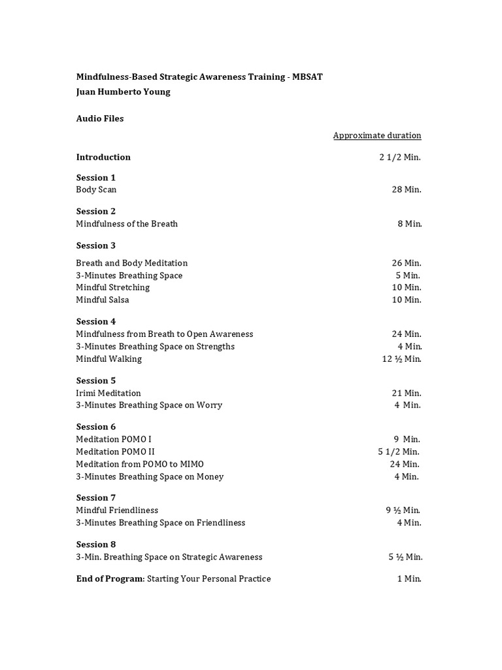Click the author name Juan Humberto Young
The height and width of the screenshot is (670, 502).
[x=123, y=92]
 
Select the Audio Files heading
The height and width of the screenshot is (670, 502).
[x=99, y=118]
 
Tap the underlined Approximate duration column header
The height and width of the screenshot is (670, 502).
[x=377, y=135]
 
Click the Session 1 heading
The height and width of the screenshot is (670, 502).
[x=95, y=177]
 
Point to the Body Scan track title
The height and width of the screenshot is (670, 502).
[x=96, y=190]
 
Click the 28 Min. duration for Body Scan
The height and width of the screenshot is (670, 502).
[x=407, y=190]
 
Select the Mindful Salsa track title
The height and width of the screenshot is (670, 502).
[x=102, y=300]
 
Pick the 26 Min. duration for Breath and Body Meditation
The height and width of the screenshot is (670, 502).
[x=407, y=263]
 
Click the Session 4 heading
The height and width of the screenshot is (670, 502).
[x=95, y=321]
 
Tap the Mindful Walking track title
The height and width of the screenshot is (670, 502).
[x=109, y=359]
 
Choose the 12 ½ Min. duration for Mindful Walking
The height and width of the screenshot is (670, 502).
[x=402, y=359]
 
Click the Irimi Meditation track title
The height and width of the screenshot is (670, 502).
[x=108, y=393]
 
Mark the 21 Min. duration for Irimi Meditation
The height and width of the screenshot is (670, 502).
[x=407, y=393]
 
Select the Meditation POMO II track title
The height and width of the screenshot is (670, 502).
[x=115, y=451]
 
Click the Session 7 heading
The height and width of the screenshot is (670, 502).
[x=95, y=498]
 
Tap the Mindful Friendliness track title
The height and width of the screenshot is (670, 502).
[x=117, y=510]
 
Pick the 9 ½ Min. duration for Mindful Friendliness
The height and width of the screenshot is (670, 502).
[x=403, y=510]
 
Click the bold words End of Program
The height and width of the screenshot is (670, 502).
[x=110, y=578]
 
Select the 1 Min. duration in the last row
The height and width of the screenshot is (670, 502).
[x=409, y=578]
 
